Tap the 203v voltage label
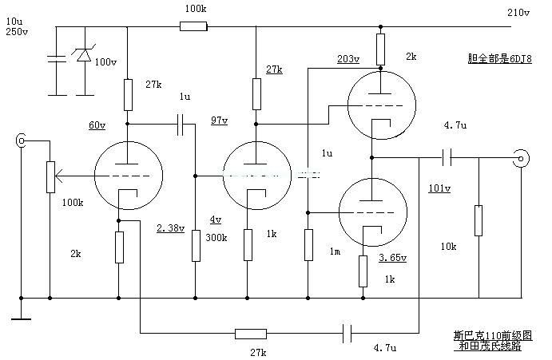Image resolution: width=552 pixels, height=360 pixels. [348, 59]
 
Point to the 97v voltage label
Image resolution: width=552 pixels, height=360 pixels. [218, 121]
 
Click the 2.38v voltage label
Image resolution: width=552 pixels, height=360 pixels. [171, 228]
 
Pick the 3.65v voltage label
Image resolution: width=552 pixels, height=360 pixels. [392, 258]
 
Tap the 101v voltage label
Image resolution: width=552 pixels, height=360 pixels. [439, 188]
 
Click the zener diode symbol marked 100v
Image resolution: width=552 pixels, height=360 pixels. [82, 57]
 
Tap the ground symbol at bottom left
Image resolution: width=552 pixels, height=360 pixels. [22, 318]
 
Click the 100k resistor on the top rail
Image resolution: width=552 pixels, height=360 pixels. [193, 26]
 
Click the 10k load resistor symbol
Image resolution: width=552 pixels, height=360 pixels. [478, 220]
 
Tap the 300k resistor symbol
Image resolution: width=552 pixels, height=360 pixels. [196, 246]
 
